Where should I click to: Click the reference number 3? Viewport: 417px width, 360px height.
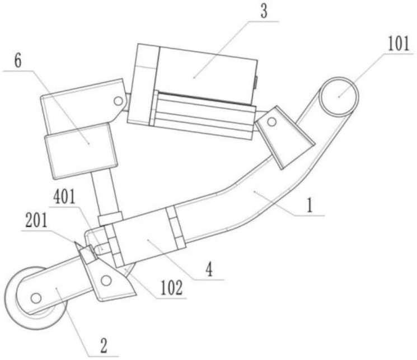(x=264, y=11)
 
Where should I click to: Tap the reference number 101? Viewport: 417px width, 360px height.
(x=399, y=44)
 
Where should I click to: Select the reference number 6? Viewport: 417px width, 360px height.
(x=18, y=61)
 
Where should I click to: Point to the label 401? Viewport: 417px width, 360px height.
(x=64, y=197)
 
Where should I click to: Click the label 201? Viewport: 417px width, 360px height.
(x=36, y=221)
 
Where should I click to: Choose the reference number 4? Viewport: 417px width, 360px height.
(x=209, y=269)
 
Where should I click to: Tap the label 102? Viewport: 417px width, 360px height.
(x=171, y=288)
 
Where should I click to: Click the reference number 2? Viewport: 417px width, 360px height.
(x=103, y=345)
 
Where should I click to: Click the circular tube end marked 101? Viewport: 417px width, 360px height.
(x=339, y=97)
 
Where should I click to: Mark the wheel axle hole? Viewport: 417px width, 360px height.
(x=36, y=298)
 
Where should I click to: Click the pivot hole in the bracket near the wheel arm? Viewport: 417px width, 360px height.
(x=106, y=280)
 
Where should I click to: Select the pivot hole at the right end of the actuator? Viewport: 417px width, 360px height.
(x=271, y=122)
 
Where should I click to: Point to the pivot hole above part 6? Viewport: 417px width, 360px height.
(x=118, y=101)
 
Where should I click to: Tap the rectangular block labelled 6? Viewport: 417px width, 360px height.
(x=81, y=151)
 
